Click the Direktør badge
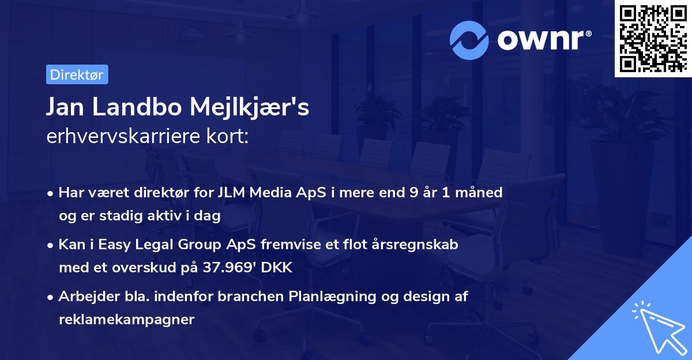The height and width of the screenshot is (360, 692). point(77,74)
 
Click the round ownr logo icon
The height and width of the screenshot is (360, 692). point(469,40)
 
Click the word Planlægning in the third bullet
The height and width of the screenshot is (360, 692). point(333,297)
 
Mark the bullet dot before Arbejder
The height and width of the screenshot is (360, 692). point(51,297)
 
